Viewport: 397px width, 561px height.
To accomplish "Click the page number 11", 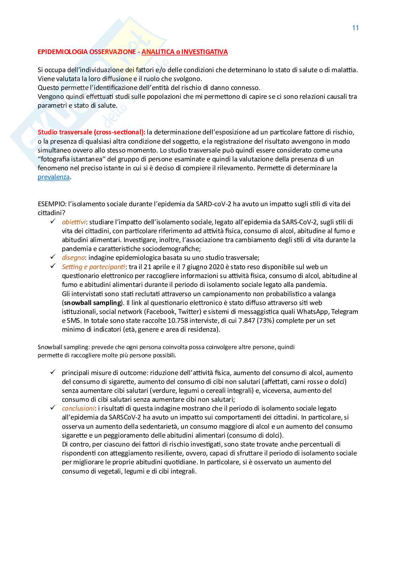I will [355, 28].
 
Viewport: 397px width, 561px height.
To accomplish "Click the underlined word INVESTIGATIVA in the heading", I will [205, 52].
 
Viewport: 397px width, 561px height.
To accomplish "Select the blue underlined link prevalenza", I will [54, 177].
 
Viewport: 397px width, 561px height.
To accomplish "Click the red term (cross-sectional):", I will [120, 132].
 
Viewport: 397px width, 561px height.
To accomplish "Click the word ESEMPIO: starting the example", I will [50, 204].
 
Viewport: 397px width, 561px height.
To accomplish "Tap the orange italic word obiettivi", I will [74, 222].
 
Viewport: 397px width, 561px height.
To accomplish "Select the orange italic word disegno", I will [73, 258].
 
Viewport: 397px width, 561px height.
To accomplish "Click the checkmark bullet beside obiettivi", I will [53, 221].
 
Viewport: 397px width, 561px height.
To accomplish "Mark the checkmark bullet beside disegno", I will [53, 257].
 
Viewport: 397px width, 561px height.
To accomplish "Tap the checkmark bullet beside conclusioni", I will [53, 408].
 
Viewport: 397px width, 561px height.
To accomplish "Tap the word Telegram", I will [345, 312].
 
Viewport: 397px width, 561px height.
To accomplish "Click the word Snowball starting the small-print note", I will [49, 347].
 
